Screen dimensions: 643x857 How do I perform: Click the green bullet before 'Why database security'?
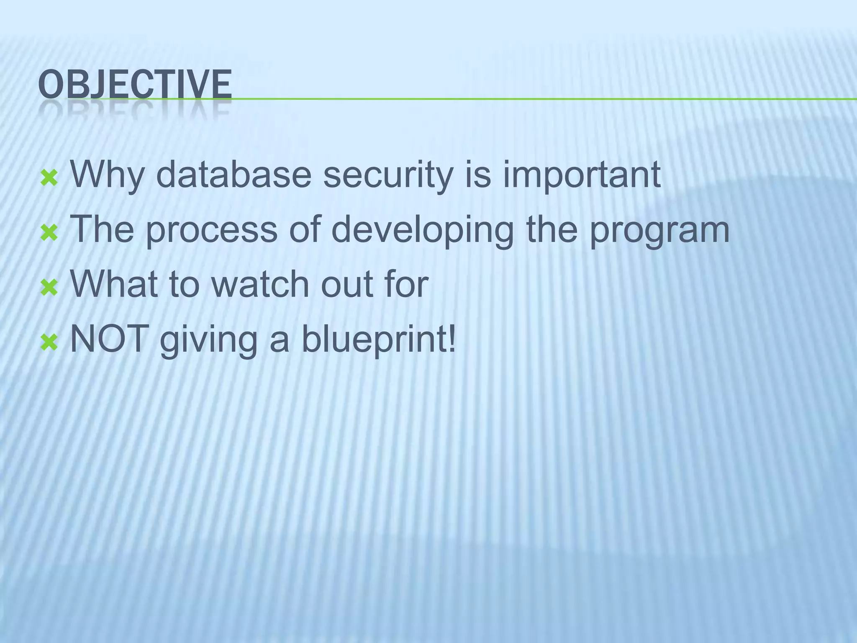click(49, 179)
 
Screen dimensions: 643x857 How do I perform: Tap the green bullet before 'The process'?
click(49, 234)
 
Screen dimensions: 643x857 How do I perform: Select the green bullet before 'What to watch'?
click(49, 288)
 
